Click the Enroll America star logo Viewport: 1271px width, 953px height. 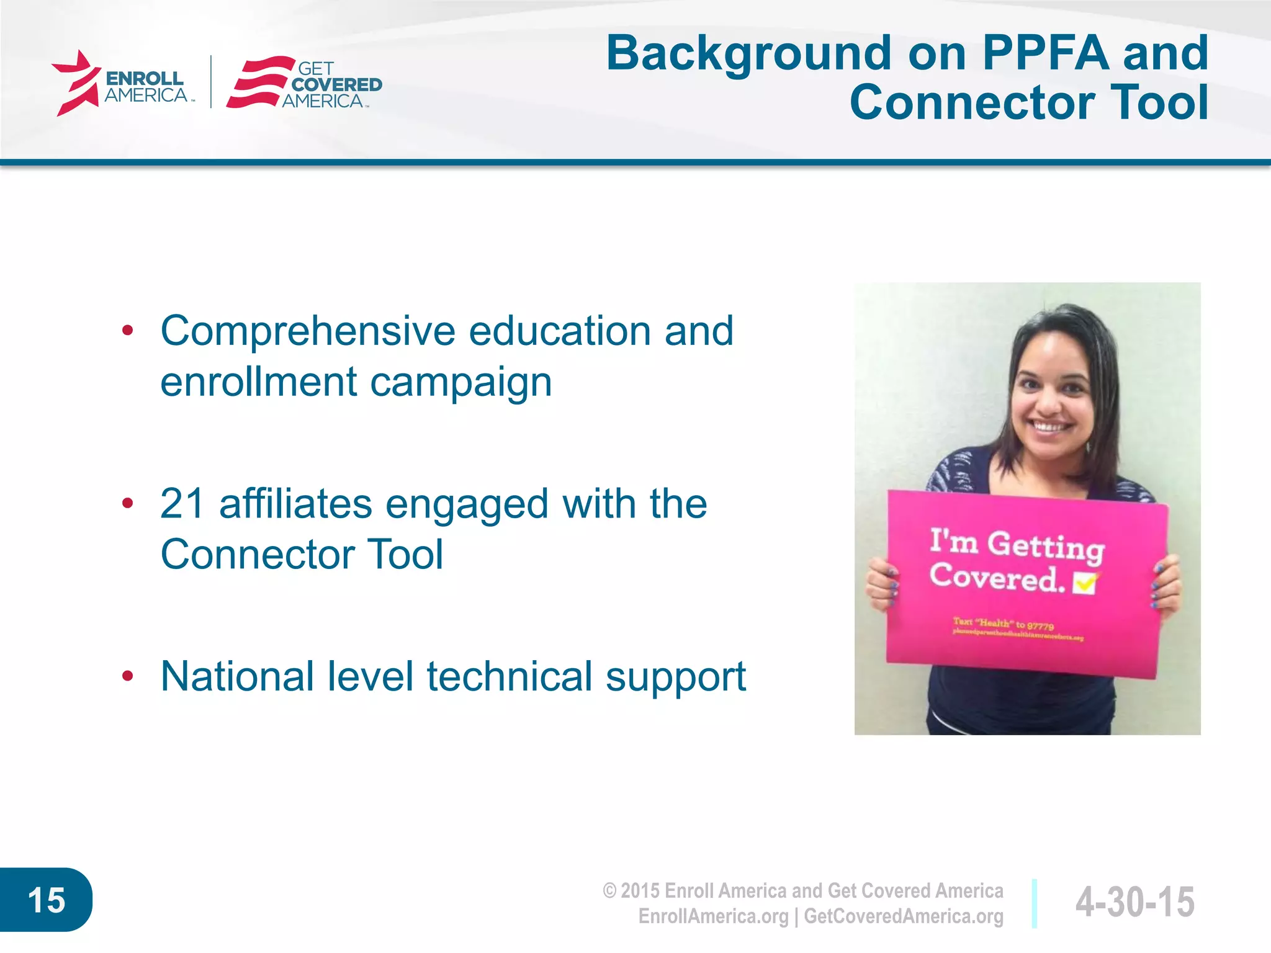click(x=76, y=83)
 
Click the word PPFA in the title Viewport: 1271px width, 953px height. click(x=1045, y=53)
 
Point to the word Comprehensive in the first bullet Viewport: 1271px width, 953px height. click(x=307, y=331)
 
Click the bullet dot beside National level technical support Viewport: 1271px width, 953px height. click(x=128, y=676)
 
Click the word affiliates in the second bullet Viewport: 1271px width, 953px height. click(x=295, y=503)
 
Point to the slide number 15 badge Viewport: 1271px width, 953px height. click(x=46, y=900)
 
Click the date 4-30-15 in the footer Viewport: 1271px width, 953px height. click(x=1134, y=902)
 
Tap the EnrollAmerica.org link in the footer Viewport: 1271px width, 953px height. click(x=713, y=916)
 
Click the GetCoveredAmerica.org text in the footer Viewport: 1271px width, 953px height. click(x=904, y=916)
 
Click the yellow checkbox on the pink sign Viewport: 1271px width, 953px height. click(x=1085, y=583)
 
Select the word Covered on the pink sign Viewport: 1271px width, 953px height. click(x=995, y=578)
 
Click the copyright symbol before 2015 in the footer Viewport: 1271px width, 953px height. click(x=609, y=891)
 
